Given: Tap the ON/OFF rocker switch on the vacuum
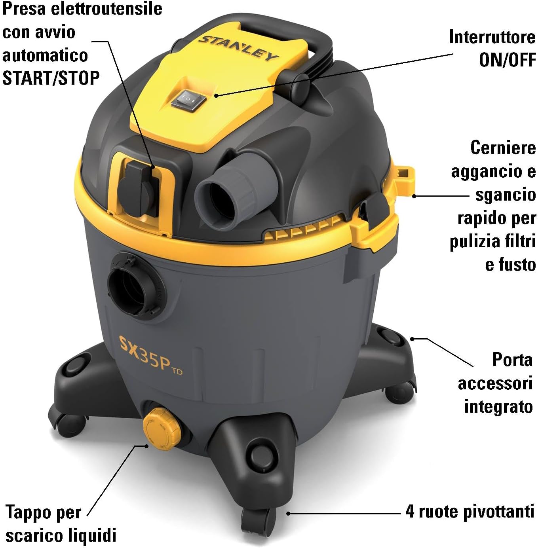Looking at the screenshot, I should (x=188, y=98).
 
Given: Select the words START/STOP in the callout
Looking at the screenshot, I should (x=51, y=78).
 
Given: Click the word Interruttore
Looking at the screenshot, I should (x=492, y=37).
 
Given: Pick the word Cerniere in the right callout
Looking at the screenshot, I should (x=503, y=148).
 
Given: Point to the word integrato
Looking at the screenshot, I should (x=498, y=406).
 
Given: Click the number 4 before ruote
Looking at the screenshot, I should (x=410, y=511).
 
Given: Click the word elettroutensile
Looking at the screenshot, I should (x=109, y=9).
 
